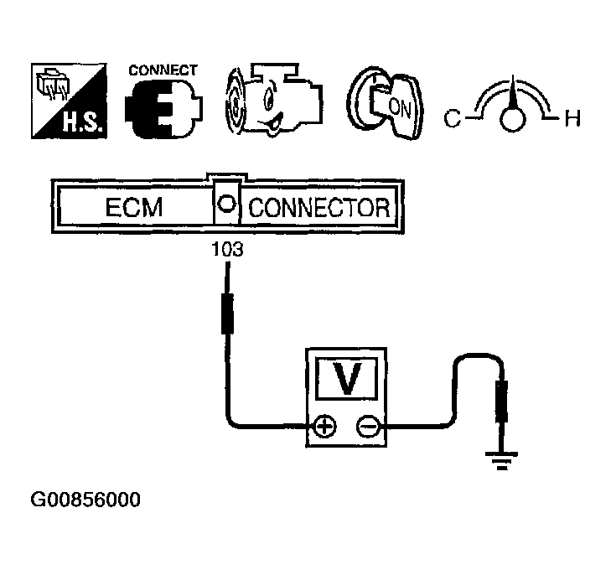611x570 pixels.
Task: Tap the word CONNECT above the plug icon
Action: [163, 70]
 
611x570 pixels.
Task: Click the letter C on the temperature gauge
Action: [453, 119]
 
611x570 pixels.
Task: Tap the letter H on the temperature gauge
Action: [572, 119]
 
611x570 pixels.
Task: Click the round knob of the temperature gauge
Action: [512, 119]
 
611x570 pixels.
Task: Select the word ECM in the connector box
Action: [133, 208]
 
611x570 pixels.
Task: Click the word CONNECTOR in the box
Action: [320, 208]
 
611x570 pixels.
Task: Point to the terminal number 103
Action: [227, 249]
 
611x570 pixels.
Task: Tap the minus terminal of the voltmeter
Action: [366, 427]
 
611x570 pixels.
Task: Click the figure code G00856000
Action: [85, 500]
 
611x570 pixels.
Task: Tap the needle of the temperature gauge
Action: [512, 94]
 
